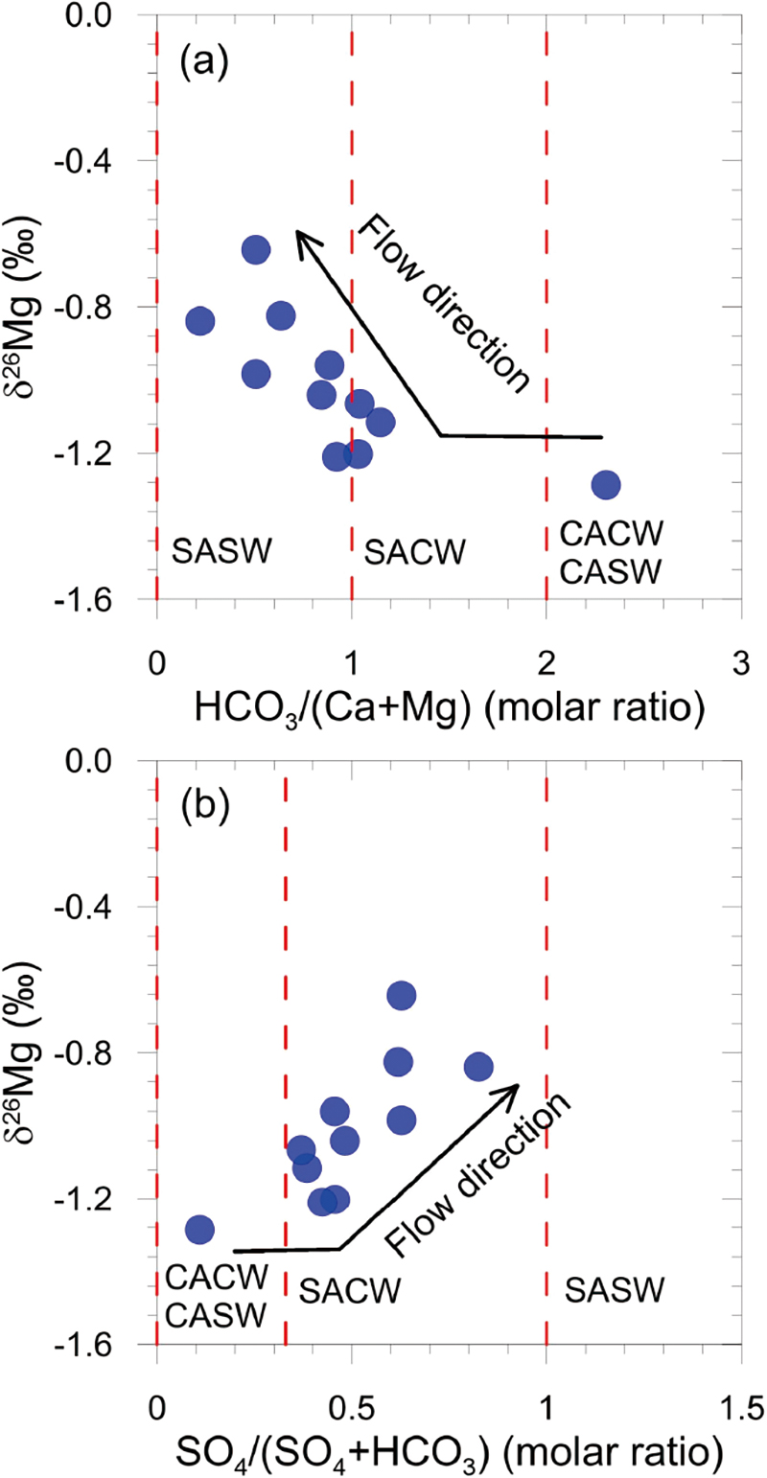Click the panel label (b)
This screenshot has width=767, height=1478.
[202, 806]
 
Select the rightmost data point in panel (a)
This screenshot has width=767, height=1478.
[605, 485]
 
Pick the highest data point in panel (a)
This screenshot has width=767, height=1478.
[255, 249]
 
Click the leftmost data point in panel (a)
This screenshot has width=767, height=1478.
[199, 321]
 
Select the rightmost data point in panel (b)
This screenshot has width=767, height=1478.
[478, 1067]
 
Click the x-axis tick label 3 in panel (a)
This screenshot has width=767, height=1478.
[740, 636]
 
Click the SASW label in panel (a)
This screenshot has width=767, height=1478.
[222, 551]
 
